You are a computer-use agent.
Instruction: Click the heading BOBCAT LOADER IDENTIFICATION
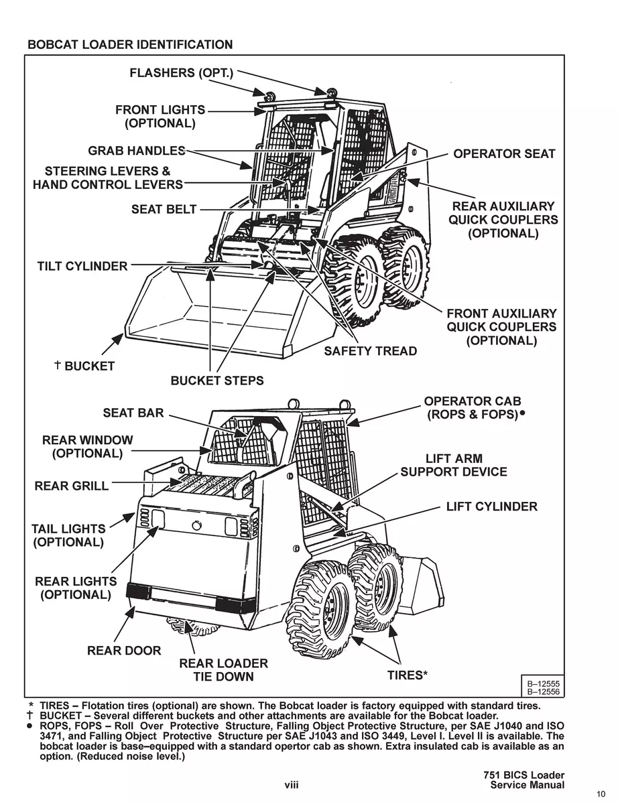(130, 45)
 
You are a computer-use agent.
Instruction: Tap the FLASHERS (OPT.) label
(181, 72)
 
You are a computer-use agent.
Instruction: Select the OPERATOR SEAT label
(504, 154)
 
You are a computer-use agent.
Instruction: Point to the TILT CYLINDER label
(82, 267)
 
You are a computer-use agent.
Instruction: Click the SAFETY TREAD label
(370, 351)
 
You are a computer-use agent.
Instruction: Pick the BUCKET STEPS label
(217, 381)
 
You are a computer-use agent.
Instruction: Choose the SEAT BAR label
(133, 413)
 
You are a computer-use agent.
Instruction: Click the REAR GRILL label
(71, 486)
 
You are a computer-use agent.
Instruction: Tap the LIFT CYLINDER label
(491, 507)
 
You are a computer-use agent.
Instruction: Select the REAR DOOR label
(124, 651)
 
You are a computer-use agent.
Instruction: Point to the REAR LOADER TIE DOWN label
(223, 670)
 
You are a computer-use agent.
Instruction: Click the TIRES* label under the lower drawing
(408, 675)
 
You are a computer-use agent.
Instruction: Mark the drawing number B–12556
(544, 691)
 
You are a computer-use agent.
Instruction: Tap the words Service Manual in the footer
(527, 785)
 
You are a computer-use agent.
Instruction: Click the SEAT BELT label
(164, 210)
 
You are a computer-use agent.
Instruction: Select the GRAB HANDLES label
(136, 150)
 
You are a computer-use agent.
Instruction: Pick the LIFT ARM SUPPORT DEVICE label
(454, 466)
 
